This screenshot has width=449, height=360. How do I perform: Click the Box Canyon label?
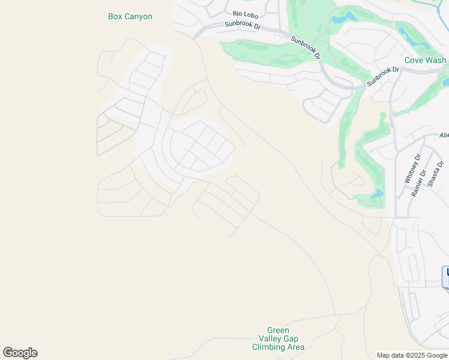pyautogui.click(x=130, y=17)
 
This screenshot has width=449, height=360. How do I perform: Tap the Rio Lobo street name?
pyautogui.click(x=245, y=14)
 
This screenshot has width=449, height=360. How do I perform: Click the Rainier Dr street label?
pyautogui.click(x=418, y=182)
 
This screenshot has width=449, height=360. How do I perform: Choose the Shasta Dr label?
pyautogui.click(x=436, y=173)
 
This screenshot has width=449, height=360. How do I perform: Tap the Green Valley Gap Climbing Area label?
pyautogui.click(x=278, y=338)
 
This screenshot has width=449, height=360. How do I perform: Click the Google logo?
pyautogui.click(x=20, y=353)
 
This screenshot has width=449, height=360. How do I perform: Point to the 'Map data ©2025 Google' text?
pyautogui.click(x=412, y=355)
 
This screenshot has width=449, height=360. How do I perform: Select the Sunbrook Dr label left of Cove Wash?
pyautogui.click(x=383, y=76)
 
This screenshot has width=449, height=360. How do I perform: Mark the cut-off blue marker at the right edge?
pyautogui.click(x=445, y=277)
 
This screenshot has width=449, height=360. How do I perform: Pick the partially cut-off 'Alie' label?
pyautogui.click(x=444, y=136)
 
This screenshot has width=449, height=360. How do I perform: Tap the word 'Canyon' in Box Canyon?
pyautogui.click(x=139, y=17)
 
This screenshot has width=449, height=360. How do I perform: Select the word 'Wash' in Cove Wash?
pyautogui.click(x=436, y=61)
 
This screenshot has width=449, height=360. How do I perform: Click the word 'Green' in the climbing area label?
pyautogui.click(x=278, y=330)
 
